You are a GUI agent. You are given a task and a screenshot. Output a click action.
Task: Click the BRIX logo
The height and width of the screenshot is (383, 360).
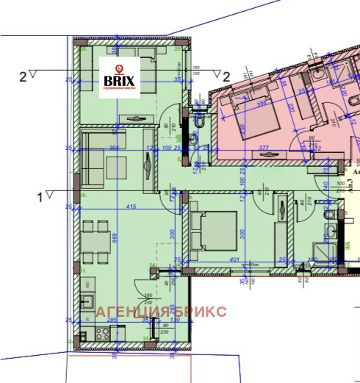tap(119, 74)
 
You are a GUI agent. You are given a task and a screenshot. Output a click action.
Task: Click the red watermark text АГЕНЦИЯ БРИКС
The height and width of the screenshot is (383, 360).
tap(161, 312)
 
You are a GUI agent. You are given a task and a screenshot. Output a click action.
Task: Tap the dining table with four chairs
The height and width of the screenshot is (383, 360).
tap(98, 241)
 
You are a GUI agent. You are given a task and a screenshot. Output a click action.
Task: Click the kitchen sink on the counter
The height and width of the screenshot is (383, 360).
tap(87, 301)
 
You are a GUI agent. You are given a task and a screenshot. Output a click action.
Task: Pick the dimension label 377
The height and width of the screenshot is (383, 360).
tap(264, 147)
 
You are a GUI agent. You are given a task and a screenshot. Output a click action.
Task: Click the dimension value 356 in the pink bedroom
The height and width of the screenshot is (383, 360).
tap(262, 103)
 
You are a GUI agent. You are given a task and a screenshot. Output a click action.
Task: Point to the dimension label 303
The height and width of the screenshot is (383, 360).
tap(114, 148)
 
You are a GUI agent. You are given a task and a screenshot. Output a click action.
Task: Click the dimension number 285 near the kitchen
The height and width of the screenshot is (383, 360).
tap(113, 321)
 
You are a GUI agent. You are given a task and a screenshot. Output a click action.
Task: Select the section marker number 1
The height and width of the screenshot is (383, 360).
tap(40, 196)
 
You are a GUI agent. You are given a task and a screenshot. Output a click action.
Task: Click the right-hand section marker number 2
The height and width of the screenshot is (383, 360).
tap(226, 76)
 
